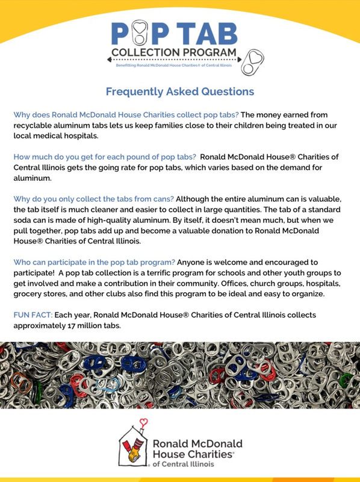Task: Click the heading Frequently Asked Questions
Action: [x=179, y=92]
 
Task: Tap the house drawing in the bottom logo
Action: [x=138, y=449]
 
